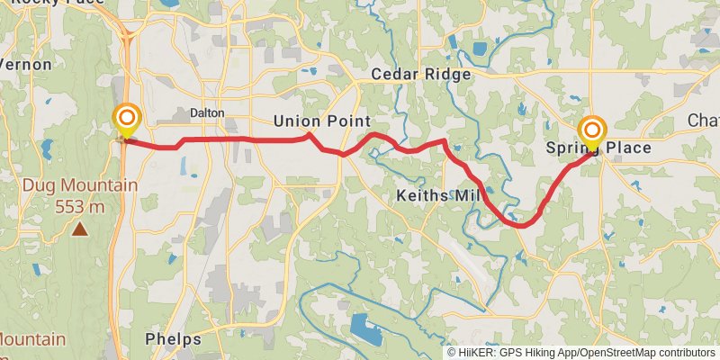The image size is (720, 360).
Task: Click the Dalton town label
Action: (x=206, y=112)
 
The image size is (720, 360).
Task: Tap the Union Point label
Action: (x=322, y=121)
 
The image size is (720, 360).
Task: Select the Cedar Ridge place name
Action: (x=421, y=75)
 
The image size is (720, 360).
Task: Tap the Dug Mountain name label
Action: (x=80, y=186)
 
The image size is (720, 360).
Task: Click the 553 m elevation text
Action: (x=80, y=206)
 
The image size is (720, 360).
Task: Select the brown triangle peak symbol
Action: (x=80, y=229)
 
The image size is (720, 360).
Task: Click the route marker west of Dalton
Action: (x=127, y=120)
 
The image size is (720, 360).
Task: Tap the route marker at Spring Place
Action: (x=592, y=131)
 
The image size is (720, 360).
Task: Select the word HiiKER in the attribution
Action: (x=477, y=353)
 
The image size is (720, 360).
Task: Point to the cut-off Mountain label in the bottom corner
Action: (x=32, y=339)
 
